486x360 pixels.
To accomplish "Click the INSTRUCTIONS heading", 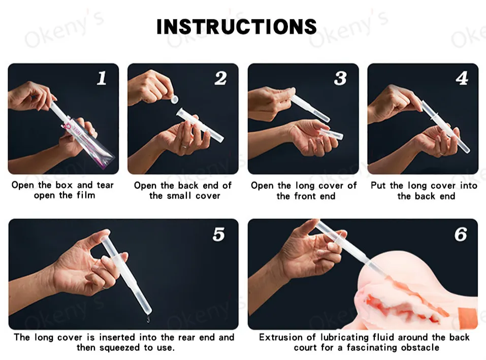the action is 237,26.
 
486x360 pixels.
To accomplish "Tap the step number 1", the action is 102,78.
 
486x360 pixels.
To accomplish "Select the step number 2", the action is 221,78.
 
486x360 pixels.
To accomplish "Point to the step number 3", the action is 340,78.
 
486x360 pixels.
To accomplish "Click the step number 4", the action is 462,78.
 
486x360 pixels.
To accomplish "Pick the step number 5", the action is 218,234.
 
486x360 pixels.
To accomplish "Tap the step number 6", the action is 461,234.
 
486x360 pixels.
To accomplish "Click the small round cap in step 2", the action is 175,100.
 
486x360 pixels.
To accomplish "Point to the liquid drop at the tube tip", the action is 148,319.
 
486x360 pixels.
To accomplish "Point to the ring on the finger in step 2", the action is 184,146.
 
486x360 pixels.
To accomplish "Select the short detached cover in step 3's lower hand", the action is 331,134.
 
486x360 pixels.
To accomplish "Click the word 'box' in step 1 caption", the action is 64,185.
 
